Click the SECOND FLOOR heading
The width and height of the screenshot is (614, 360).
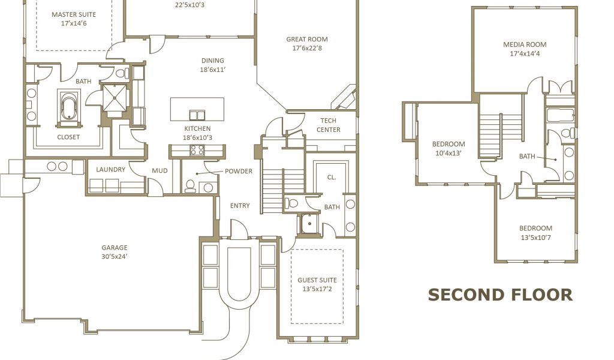click(x=500, y=295)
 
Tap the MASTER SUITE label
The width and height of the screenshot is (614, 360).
click(x=74, y=14)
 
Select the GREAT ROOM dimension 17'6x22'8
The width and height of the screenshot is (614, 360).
click(x=307, y=48)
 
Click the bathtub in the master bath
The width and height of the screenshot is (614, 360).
click(x=68, y=106)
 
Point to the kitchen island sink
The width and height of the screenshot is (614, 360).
click(x=197, y=115)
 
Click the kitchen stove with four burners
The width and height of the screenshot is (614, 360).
click(x=197, y=149)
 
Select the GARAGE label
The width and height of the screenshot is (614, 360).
click(x=115, y=248)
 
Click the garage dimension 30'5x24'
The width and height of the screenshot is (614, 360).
click(x=115, y=257)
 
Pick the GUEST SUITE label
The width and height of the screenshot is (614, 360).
click(x=317, y=280)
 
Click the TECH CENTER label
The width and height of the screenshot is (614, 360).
click(x=328, y=125)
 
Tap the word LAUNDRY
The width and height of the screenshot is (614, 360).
click(x=111, y=170)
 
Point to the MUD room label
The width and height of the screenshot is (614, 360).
click(x=159, y=171)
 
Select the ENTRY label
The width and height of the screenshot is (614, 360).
click(x=240, y=206)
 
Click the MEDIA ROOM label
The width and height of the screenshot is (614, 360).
click(x=525, y=44)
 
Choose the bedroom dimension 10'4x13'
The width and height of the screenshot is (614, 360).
click(x=449, y=153)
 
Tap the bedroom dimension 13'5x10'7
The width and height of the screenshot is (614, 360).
click(x=535, y=238)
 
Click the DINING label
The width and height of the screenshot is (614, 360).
click(x=213, y=61)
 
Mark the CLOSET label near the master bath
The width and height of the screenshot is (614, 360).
click(x=68, y=137)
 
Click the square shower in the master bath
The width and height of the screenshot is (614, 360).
click(x=115, y=98)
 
